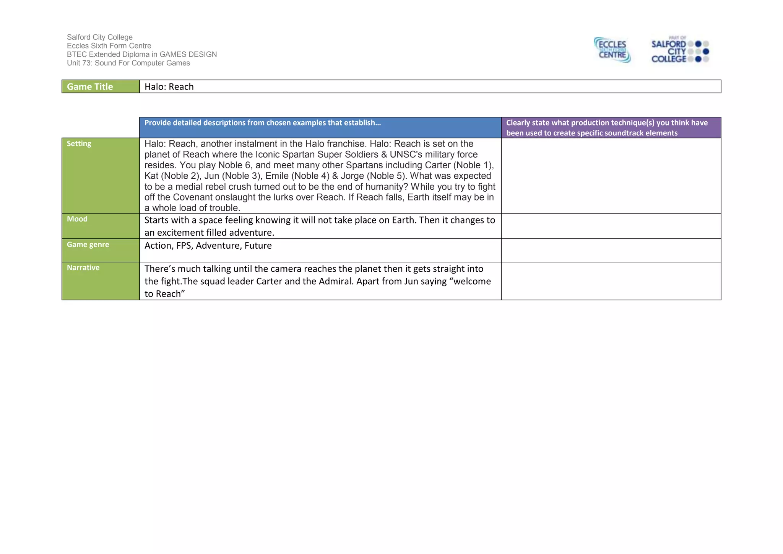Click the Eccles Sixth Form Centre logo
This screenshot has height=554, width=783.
point(612,50)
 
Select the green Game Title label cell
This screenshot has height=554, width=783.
point(101,86)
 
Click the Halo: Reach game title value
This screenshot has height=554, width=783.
point(169,87)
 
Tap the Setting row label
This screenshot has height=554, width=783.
point(79,143)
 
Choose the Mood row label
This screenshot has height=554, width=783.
point(77,219)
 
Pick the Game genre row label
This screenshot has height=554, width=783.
point(88,244)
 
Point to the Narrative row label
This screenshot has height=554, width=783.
point(83,267)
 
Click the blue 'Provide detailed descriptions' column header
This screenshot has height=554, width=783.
point(263,123)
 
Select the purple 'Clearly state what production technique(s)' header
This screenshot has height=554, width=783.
point(611,127)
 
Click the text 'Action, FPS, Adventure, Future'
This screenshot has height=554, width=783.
point(208,246)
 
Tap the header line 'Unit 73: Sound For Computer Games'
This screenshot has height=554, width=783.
point(128,63)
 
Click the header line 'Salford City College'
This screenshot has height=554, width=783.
point(100,37)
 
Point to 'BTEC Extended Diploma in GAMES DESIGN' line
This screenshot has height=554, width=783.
point(142,54)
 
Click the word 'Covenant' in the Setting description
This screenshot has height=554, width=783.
point(192,197)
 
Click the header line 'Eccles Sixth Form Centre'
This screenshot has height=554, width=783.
point(109,46)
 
